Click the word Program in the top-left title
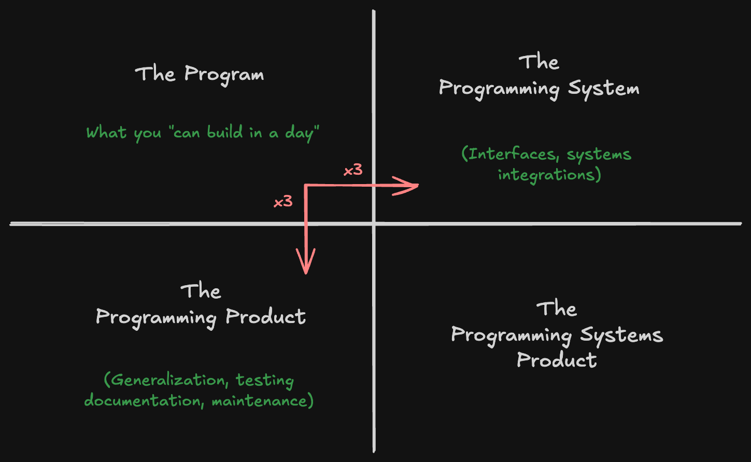pyautogui.click(x=224, y=75)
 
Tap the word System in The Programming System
pyautogui.click(x=604, y=89)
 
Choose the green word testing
pyautogui.click(x=265, y=380)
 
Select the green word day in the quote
pyautogui.click(x=299, y=133)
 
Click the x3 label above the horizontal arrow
pyautogui.click(x=353, y=170)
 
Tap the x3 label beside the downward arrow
pyautogui.click(x=283, y=201)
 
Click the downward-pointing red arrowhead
pyautogui.click(x=306, y=264)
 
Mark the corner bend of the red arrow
pyautogui.click(x=306, y=186)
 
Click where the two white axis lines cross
pyautogui.click(x=374, y=224)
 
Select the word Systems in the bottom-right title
pyautogui.click(x=621, y=335)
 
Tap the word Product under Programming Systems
pyautogui.click(x=557, y=360)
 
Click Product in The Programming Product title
pyautogui.click(x=265, y=317)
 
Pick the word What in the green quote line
pyautogui.click(x=106, y=132)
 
